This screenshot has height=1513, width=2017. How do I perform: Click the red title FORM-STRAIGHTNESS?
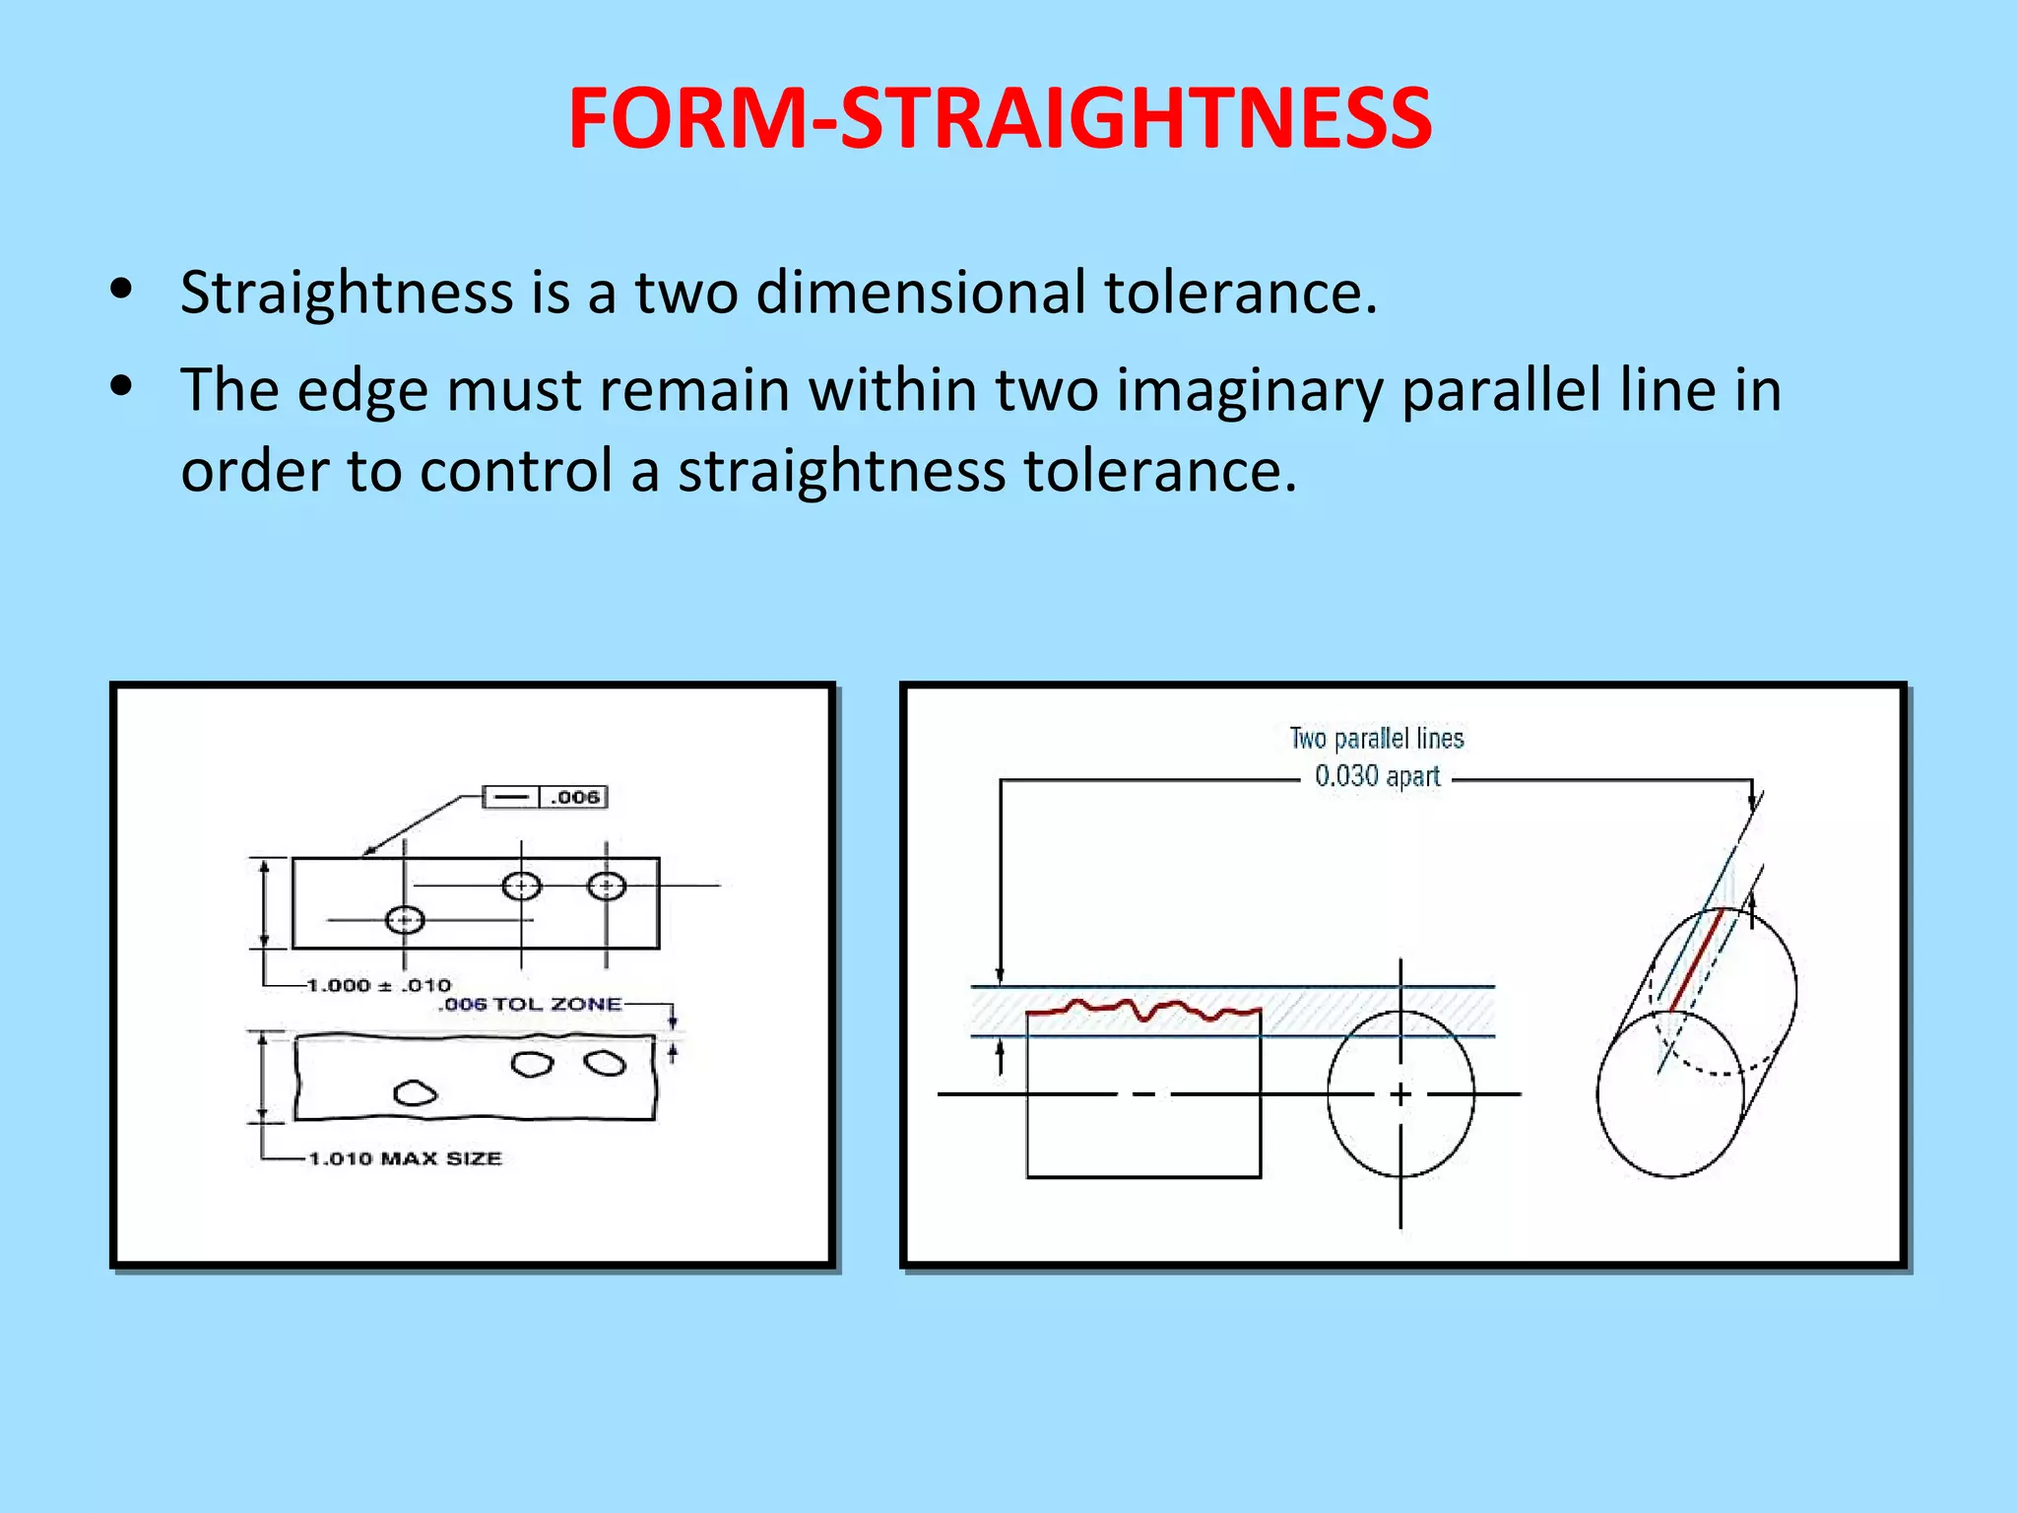pos(999,119)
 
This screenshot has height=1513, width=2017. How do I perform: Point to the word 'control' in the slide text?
pos(516,471)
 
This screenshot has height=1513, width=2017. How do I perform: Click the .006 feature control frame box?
pos(545,797)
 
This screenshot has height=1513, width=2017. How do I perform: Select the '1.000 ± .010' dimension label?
pos(378,985)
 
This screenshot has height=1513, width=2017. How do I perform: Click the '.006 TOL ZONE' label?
pos(530,1005)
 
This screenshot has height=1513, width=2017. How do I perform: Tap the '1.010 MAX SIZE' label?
pos(405,1158)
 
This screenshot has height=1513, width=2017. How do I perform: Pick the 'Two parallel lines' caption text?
pos(1377,738)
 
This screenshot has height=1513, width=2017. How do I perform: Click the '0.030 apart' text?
pos(1377,776)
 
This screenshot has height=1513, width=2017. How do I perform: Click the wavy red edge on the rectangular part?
pos(1142,1009)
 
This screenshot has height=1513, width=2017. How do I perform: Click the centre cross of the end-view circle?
pos(1400,1093)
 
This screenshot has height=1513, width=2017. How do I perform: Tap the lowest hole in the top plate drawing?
pos(404,920)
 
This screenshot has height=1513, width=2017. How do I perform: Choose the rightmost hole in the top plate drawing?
pos(606,886)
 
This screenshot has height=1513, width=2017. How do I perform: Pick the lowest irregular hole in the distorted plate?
pos(415,1093)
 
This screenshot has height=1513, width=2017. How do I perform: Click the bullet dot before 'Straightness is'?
pos(121,290)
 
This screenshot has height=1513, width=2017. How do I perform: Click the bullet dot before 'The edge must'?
pos(121,387)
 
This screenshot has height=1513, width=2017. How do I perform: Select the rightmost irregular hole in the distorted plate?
pos(605,1063)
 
